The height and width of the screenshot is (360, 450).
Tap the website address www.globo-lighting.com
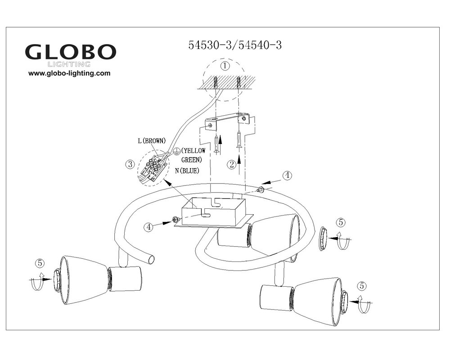click(x=69, y=73)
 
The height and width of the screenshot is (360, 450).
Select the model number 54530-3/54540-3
click(x=235, y=45)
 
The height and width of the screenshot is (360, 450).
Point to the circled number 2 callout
click(x=232, y=165)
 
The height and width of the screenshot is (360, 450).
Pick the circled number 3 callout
click(x=130, y=164)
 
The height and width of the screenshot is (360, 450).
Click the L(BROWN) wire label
click(x=152, y=141)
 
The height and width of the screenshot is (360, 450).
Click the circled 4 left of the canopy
click(x=149, y=227)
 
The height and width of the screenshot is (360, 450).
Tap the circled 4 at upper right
click(x=287, y=175)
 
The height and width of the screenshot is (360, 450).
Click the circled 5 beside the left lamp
click(x=41, y=263)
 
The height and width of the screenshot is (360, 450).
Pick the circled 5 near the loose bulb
click(x=341, y=222)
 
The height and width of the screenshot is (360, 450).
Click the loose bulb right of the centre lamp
click(x=323, y=239)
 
